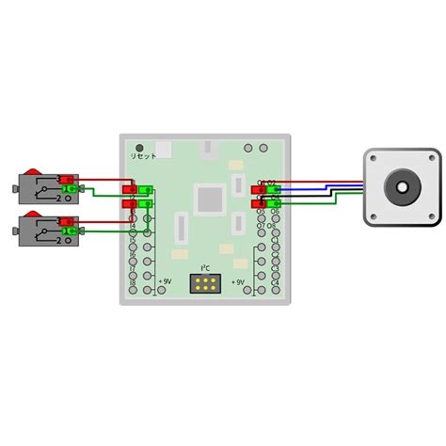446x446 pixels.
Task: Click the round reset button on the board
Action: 140,149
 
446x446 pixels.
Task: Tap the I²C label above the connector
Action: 205,268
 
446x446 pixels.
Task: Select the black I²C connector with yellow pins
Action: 205,282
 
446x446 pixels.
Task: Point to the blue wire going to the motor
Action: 320,189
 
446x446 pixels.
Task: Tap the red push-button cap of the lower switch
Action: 33,215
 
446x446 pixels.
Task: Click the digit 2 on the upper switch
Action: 58,199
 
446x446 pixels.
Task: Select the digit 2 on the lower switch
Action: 58,241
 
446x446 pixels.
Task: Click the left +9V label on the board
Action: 166,281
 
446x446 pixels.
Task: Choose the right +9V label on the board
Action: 238,281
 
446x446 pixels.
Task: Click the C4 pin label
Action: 275,283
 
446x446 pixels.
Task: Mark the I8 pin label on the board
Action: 134,283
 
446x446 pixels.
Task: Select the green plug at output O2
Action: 273,190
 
